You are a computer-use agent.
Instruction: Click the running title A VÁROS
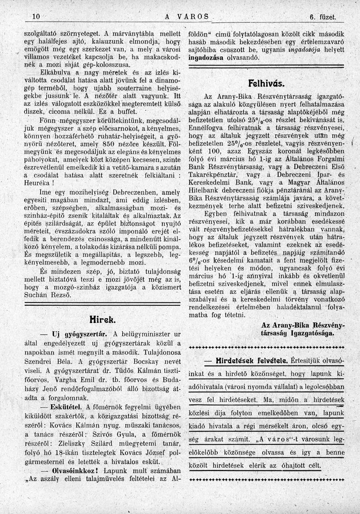pos(186,17)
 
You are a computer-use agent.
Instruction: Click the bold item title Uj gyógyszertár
pos(80,334)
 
